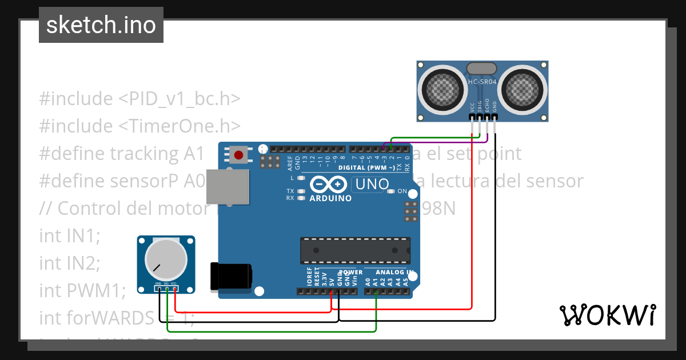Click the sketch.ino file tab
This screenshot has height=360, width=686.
101,25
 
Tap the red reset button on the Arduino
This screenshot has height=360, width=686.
238,154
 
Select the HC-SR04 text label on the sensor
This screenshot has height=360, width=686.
482,82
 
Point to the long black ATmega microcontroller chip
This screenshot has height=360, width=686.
355,250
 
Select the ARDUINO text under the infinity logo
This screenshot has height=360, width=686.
330,198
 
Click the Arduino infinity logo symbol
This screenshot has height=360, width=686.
329,185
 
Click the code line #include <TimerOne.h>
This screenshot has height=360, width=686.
140,126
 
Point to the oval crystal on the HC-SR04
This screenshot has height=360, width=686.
482,69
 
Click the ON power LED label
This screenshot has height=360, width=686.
402,191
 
